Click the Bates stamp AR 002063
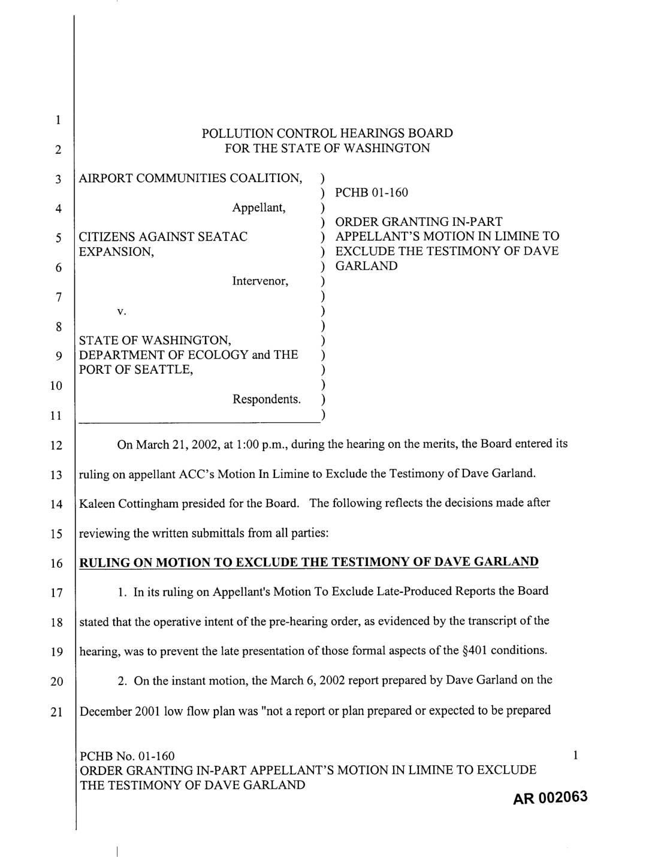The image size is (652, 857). click(x=550, y=798)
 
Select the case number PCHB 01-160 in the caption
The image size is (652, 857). click(x=372, y=192)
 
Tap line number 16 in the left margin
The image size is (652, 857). click(x=56, y=564)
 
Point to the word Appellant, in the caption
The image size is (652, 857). click(x=259, y=208)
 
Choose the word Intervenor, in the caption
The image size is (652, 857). click(x=260, y=281)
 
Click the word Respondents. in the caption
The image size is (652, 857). click(x=267, y=399)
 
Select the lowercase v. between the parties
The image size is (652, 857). click(x=121, y=311)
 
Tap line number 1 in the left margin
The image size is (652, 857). click(x=58, y=120)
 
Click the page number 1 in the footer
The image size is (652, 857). click(x=575, y=756)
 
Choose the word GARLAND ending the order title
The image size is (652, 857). click(x=366, y=266)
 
